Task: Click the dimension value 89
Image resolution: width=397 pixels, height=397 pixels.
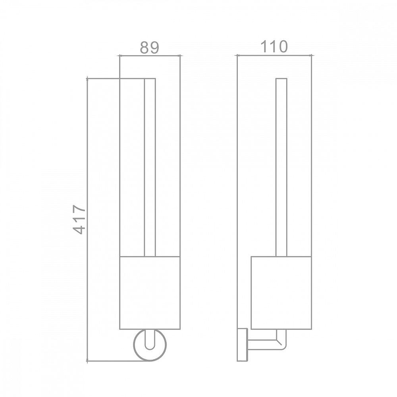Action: click(x=149, y=47)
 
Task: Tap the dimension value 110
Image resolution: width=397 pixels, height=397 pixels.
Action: click(x=274, y=46)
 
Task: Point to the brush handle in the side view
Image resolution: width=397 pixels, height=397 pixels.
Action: click(x=281, y=168)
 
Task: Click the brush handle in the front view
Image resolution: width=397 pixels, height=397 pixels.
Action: click(x=150, y=168)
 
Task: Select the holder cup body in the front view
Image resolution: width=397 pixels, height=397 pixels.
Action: click(x=150, y=293)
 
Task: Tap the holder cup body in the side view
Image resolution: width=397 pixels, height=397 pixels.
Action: click(x=281, y=293)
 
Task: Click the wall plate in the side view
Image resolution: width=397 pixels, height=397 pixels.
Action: click(x=242, y=345)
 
